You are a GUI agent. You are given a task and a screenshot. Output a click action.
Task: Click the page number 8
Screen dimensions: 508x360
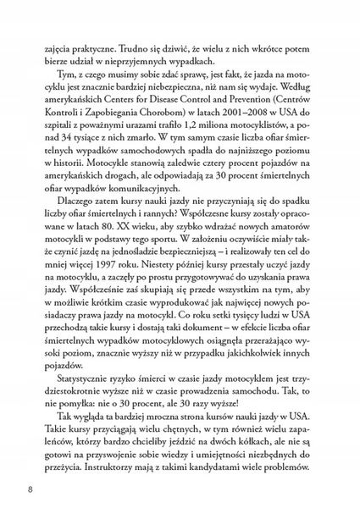tap(30, 489)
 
